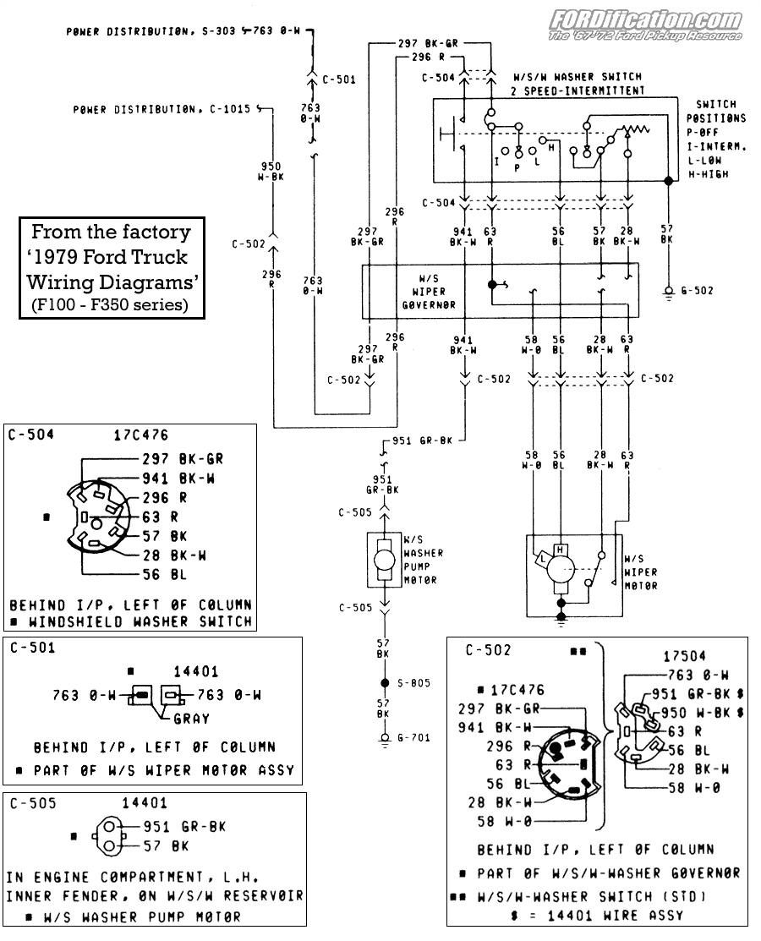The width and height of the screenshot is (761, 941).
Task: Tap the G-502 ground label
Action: pyautogui.click(x=697, y=290)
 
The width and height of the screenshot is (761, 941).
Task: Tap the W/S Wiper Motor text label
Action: pyautogui.click(x=640, y=572)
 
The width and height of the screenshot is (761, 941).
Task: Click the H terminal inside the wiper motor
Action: pyautogui.click(x=560, y=550)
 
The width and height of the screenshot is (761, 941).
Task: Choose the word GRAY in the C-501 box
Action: pyautogui.click(x=191, y=719)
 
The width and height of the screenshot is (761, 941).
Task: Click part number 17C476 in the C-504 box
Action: pyautogui.click(x=141, y=435)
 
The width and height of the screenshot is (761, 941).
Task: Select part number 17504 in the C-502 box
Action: pyautogui.click(x=684, y=656)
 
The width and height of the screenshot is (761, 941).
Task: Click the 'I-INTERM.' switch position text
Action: pyautogui.click(x=715, y=146)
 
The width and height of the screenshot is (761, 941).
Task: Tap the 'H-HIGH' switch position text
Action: pyautogui.click(x=708, y=174)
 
